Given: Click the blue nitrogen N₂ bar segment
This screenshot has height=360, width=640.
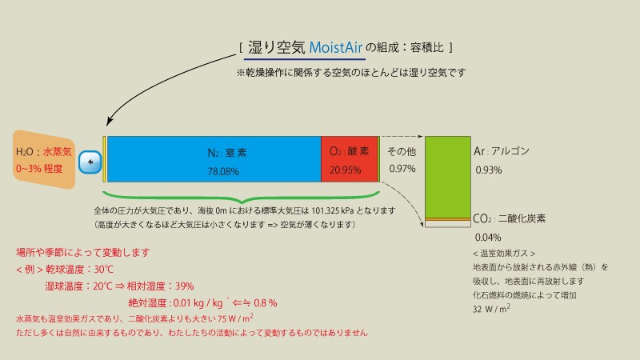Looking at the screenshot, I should coord(213,159).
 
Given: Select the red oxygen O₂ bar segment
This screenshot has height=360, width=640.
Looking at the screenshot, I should coord(349,159).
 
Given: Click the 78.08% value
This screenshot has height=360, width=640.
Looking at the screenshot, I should coord(223,171).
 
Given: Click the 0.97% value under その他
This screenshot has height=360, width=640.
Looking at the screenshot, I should coord(402,169).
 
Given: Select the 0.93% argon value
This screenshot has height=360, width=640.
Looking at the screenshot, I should coord(489,170).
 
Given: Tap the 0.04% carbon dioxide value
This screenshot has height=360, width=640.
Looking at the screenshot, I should coord(488,237).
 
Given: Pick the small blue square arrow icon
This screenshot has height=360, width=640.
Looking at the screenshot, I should coord(91,161).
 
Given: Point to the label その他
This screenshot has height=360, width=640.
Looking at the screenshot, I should coord(402,151).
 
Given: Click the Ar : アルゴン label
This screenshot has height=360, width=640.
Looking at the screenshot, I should coord(502,151).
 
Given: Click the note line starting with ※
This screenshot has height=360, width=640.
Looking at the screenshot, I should coord(350,73).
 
